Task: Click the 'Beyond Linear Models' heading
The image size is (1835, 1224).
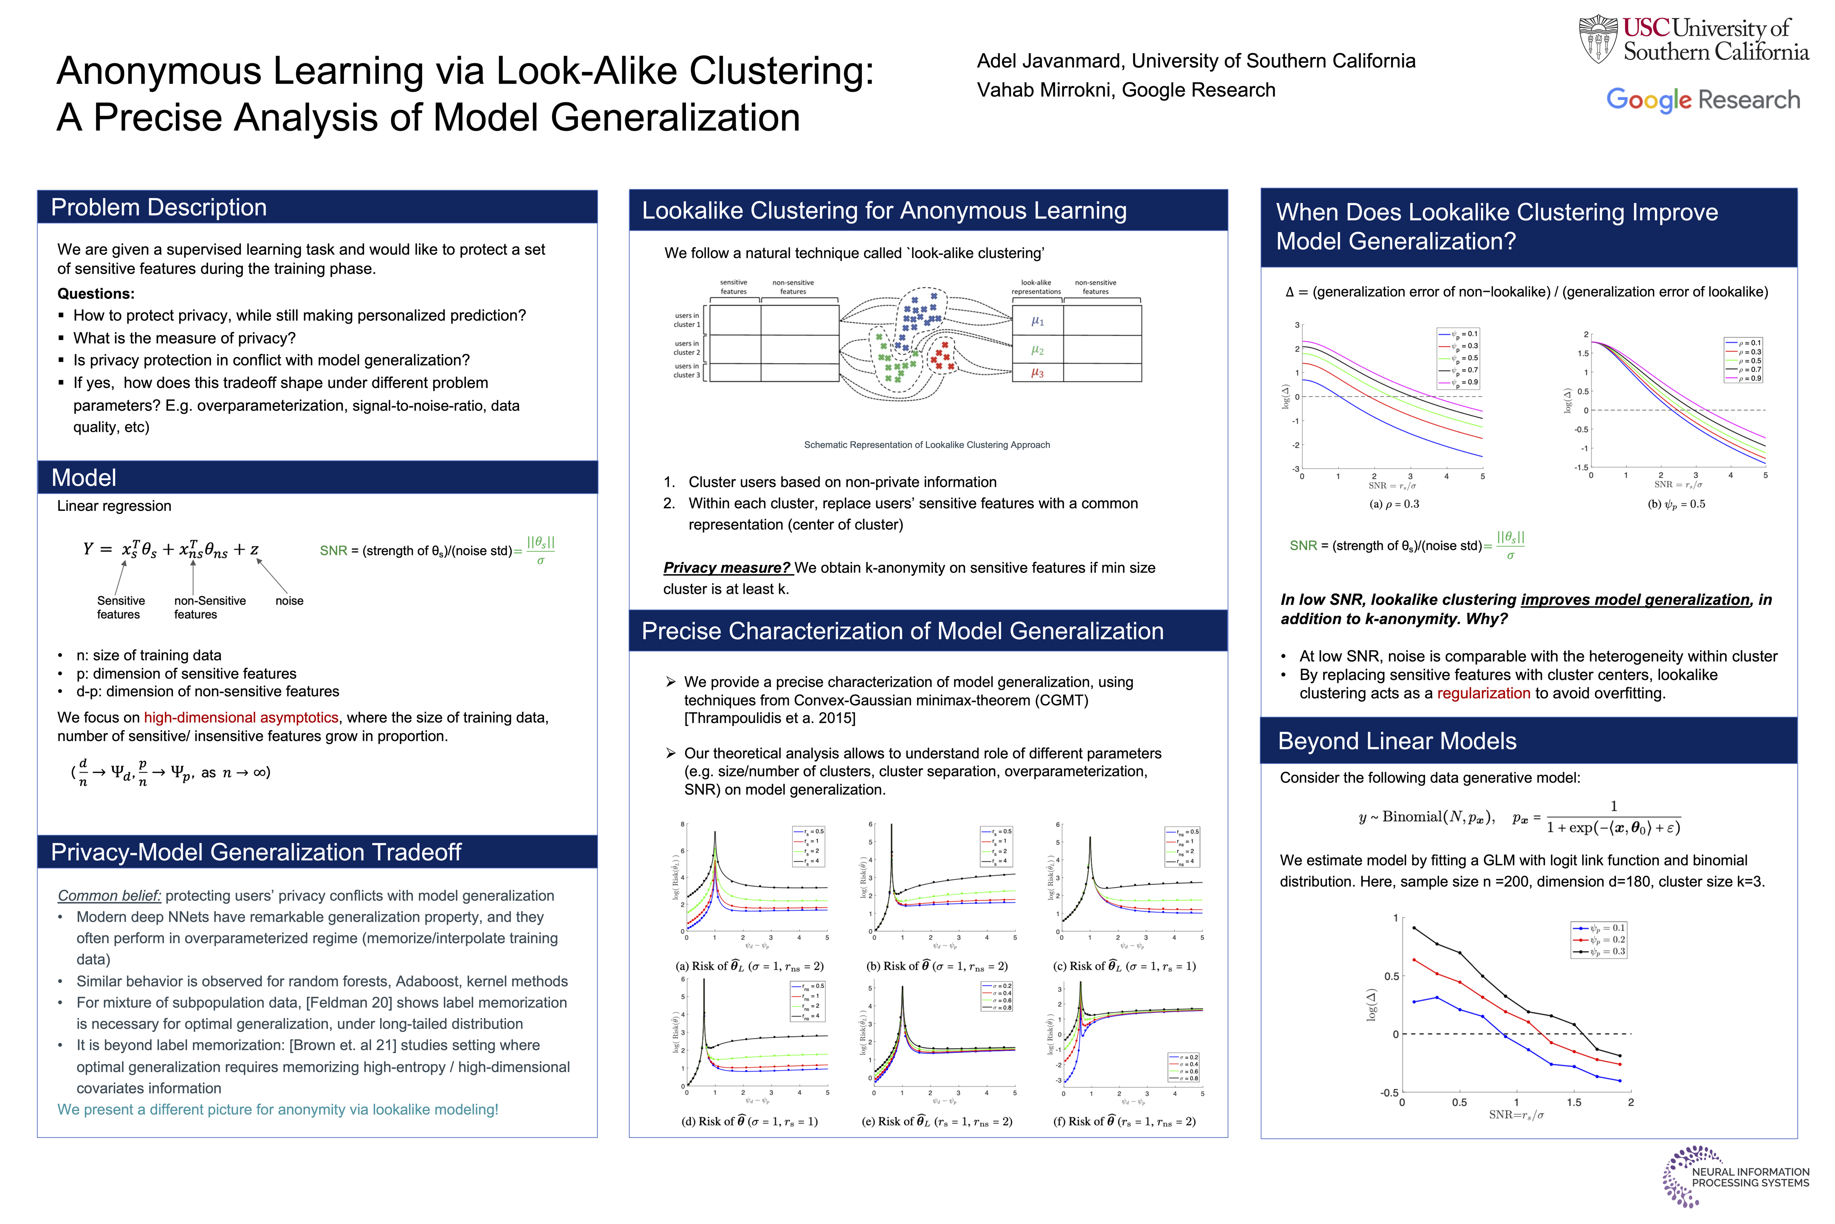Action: tap(1397, 741)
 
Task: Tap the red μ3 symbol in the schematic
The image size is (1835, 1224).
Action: tap(1037, 373)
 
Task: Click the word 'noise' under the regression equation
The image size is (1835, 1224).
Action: tap(289, 601)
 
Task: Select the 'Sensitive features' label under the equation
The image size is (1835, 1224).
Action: tap(120, 607)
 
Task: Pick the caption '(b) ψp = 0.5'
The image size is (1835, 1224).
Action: tap(1676, 504)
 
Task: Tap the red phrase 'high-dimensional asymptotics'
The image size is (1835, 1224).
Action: tap(241, 717)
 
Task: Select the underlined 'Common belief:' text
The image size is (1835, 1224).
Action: tap(109, 895)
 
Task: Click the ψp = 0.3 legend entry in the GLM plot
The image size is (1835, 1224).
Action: tap(1599, 952)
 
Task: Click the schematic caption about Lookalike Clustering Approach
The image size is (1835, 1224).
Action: tap(927, 445)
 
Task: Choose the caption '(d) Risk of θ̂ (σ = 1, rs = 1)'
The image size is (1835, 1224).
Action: tap(749, 1122)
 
